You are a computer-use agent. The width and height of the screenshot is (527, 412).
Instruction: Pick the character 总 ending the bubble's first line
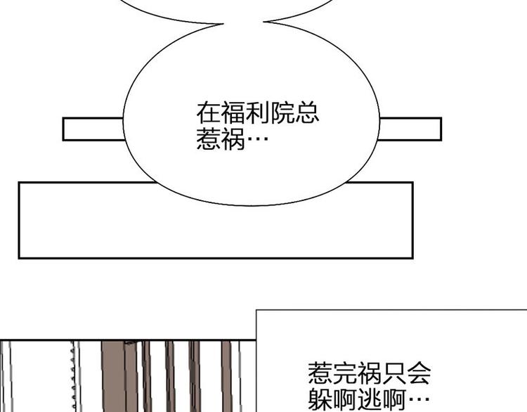[x=307, y=113]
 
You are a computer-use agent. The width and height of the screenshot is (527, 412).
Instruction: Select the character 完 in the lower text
[x=344, y=373]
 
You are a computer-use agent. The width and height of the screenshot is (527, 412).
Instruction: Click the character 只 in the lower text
[x=394, y=373]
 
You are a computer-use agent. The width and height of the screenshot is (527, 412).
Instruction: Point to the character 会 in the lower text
[x=419, y=373]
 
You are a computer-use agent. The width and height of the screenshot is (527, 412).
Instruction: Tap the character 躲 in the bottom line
[x=320, y=399]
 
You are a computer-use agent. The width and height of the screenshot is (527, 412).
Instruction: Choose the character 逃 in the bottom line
[x=370, y=399]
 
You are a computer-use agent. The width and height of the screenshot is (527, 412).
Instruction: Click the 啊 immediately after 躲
[x=344, y=399]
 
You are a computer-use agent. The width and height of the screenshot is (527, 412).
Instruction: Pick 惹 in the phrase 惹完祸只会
[x=320, y=373]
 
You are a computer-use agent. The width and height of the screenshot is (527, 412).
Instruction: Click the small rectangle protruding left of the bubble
[x=93, y=129]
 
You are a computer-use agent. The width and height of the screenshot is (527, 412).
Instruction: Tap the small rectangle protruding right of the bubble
[x=410, y=129]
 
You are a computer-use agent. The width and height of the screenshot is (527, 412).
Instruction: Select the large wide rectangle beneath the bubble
[x=216, y=220]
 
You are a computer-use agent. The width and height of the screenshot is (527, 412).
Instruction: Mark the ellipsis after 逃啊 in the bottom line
[x=419, y=399]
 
